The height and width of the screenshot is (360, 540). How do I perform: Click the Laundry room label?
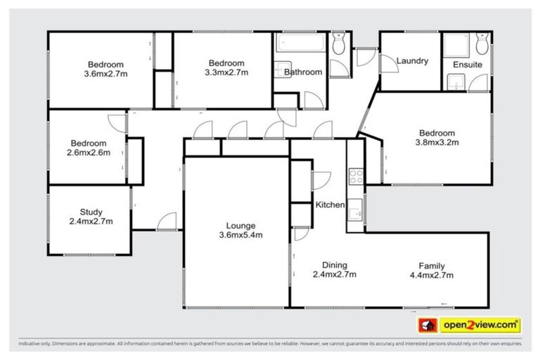click(412, 61)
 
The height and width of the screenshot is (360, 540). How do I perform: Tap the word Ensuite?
click(468, 64)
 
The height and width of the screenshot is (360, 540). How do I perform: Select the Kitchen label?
click(330, 205)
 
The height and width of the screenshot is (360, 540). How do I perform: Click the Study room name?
click(91, 212)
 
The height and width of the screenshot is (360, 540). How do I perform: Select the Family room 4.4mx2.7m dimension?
click(431, 275)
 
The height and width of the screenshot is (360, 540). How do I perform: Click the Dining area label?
click(335, 265)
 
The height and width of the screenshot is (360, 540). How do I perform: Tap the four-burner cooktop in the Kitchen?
click(356, 175)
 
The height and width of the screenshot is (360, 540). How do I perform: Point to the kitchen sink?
click(356, 208)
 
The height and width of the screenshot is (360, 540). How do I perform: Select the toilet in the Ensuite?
click(482, 45)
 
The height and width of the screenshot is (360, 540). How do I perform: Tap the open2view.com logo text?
click(480, 325)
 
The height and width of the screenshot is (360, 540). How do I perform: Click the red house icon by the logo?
click(426, 325)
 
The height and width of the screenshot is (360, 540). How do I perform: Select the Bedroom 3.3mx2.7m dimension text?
click(226, 72)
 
